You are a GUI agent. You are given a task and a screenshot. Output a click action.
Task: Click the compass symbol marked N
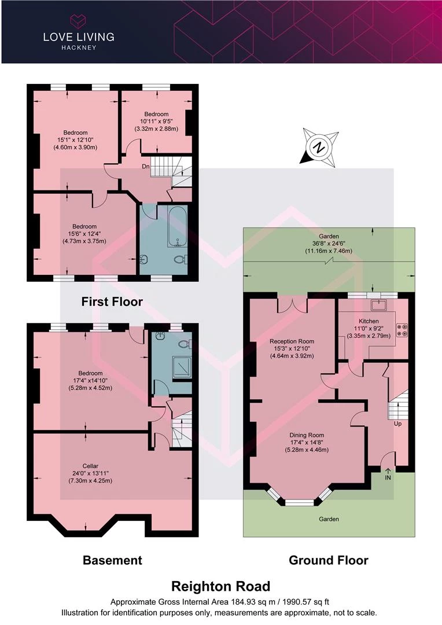pyautogui.click(x=319, y=148)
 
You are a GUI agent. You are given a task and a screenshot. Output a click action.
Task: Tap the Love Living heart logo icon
pyautogui.click(x=79, y=20)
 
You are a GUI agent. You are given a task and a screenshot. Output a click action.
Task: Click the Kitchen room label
pyautogui.click(x=369, y=321)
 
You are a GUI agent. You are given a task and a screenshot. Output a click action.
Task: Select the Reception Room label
pyautogui.click(x=292, y=341)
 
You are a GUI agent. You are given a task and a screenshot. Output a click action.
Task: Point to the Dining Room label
pyautogui.click(x=307, y=435)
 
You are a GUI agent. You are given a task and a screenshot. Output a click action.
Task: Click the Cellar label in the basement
pyautogui.click(x=90, y=466)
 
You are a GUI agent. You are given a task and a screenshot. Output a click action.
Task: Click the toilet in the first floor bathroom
pyautogui.click(x=181, y=259)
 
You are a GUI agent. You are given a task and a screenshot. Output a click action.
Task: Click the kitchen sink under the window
pyautogui.click(x=377, y=306)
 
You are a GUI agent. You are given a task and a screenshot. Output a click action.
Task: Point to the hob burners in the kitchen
pyautogui.click(x=402, y=330)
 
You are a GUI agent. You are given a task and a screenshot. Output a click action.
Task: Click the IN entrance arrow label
pyautogui.click(x=388, y=475)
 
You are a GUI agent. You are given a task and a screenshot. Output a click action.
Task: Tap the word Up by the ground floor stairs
pyautogui.click(x=398, y=424)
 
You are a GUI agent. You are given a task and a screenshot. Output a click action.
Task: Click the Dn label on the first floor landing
pyautogui.click(x=145, y=166)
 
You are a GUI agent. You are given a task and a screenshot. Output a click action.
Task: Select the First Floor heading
pyautogui.click(x=112, y=302)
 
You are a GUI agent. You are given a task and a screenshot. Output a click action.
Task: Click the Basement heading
pyautogui.click(x=112, y=560)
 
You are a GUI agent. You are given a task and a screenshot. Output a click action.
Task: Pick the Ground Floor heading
pyautogui.click(x=329, y=560)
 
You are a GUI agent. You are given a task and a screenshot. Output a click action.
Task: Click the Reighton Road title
pyautogui.click(x=221, y=586)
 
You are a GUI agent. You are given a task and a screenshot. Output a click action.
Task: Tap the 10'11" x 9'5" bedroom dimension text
pyautogui.click(x=156, y=121)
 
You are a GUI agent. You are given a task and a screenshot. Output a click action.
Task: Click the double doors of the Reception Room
pyautogui.click(x=292, y=306)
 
